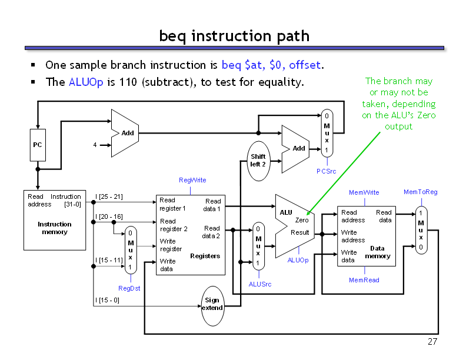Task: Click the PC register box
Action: (38, 145)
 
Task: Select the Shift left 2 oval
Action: (258, 160)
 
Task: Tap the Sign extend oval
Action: (212, 304)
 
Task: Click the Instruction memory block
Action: (54, 219)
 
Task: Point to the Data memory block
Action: (366, 236)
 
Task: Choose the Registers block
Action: (190, 234)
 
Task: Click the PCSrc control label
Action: (326, 171)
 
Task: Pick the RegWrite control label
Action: (192, 180)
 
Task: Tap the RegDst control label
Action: (129, 288)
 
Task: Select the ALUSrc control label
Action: (259, 284)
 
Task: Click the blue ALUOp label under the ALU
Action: (298, 260)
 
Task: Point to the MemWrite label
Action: (364, 192)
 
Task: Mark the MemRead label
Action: (364, 280)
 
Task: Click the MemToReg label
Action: (420, 192)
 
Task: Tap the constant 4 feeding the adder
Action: (95, 145)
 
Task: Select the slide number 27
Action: (433, 342)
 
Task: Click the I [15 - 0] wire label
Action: (107, 300)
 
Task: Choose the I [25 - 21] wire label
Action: (109, 196)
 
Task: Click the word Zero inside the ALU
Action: (302, 220)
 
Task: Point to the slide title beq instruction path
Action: (234, 36)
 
